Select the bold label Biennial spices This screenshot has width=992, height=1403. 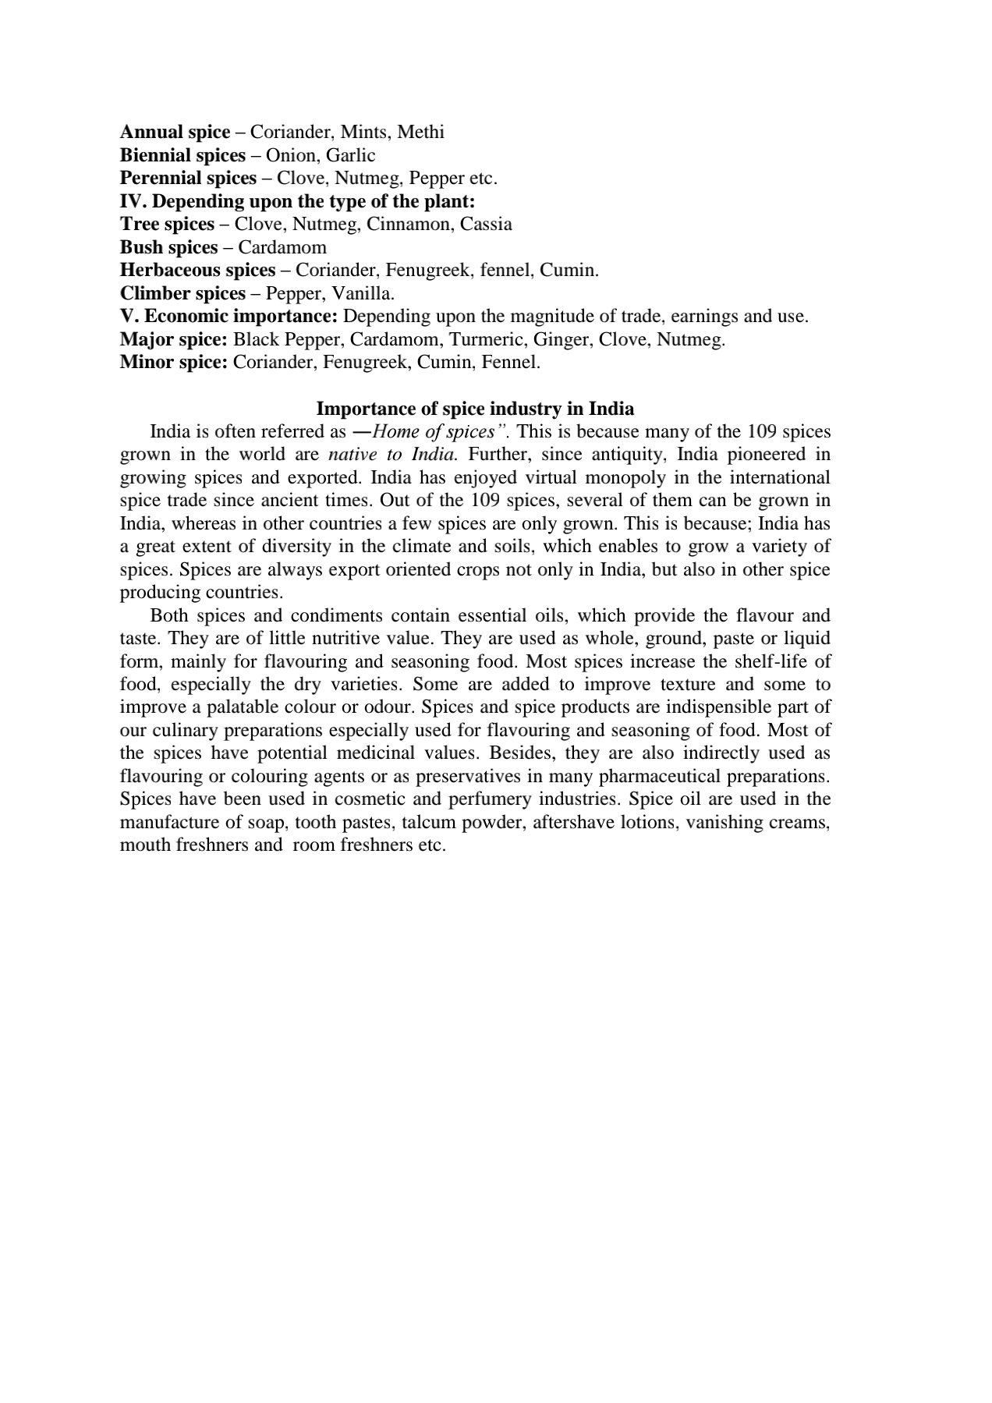182,155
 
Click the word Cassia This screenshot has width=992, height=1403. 486,225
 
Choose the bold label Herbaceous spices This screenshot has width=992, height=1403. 197,271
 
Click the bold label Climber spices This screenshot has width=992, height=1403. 182,294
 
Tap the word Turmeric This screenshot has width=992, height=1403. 483,340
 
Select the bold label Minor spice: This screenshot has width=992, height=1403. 173,363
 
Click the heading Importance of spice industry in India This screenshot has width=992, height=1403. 475,409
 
